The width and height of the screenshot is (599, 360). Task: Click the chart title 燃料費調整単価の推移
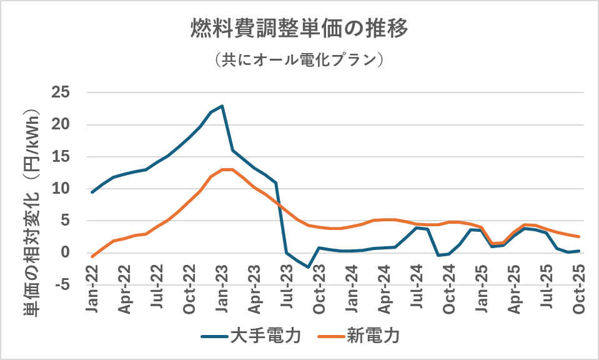coord(299,29)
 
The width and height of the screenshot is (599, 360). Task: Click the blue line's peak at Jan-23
coord(222,106)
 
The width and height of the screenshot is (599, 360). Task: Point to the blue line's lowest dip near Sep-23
coord(308,267)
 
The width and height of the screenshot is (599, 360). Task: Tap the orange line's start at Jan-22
coord(92,256)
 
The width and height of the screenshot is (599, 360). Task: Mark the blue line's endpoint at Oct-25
coord(579,251)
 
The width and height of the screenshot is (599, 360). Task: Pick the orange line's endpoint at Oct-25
coord(579,237)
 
